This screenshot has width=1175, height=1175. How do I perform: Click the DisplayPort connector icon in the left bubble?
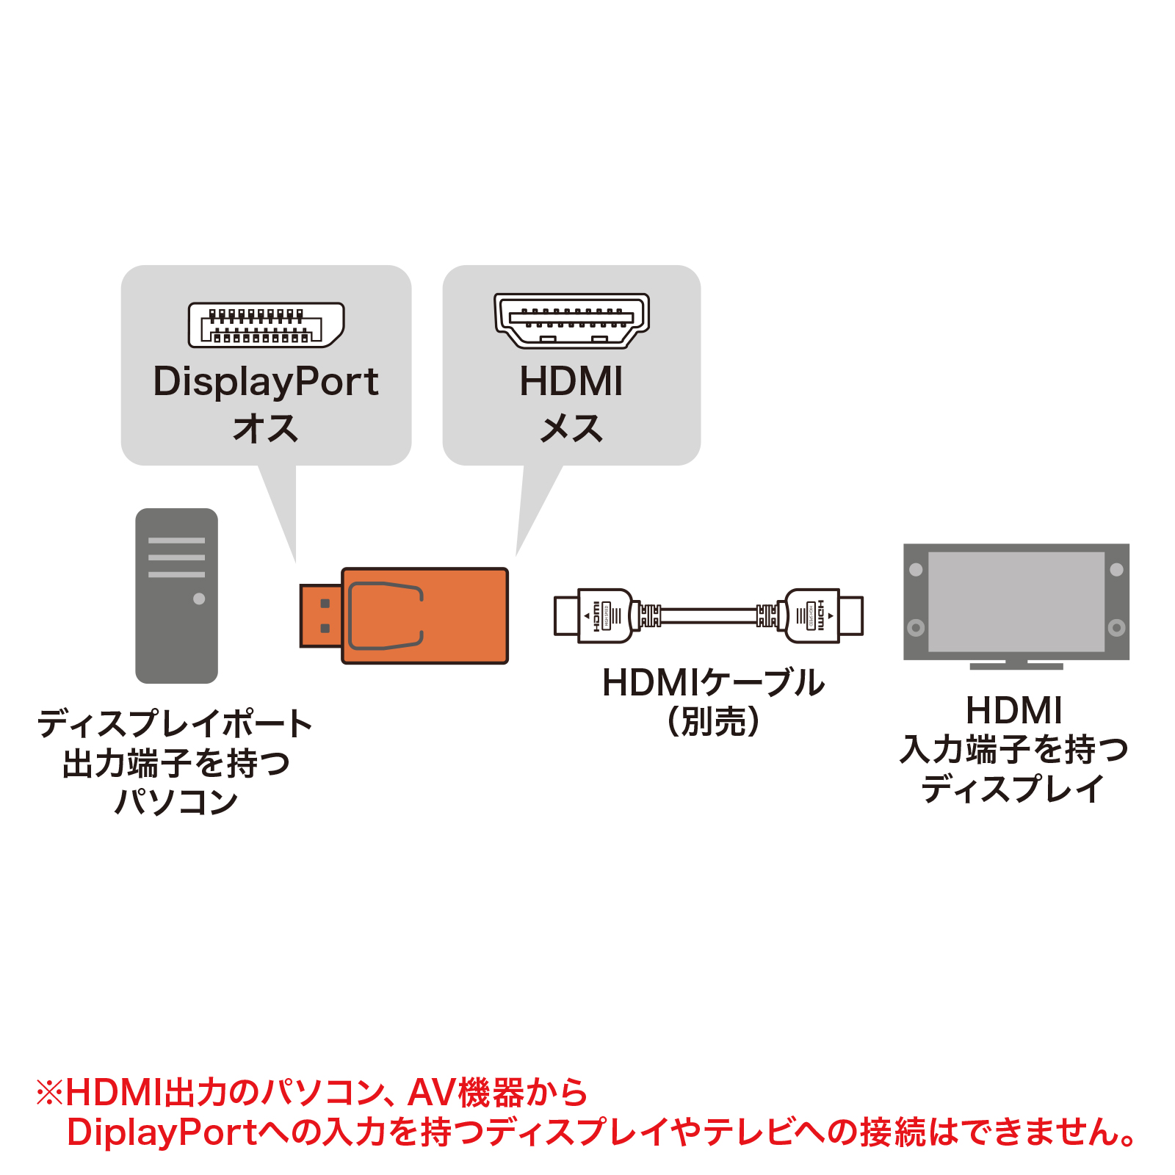point(266,325)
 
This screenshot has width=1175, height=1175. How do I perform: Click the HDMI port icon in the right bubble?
point(571,320)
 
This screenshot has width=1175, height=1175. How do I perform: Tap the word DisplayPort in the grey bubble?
point(266,382)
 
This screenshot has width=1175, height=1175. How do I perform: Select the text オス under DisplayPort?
point(266,428)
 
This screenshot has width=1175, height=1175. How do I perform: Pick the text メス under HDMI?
point(571,428)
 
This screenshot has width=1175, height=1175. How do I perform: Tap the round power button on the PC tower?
point(199,599)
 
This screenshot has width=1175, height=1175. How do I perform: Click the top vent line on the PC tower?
point(176,540)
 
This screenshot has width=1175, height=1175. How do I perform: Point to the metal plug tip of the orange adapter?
point(320,615)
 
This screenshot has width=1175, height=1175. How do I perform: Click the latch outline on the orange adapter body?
point(385,615)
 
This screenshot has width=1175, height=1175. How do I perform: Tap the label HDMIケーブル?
point(712,683)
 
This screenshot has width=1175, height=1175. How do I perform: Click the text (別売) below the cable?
point(712,721)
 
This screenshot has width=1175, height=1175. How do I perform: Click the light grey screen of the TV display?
point(1016,601)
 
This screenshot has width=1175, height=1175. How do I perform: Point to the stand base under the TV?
point(1016,666)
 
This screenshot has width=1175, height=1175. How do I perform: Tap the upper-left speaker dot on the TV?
point(916,569)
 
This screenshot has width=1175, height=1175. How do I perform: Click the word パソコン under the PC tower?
point(176,801)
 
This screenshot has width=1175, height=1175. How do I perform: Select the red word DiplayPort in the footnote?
point(162,1132)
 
